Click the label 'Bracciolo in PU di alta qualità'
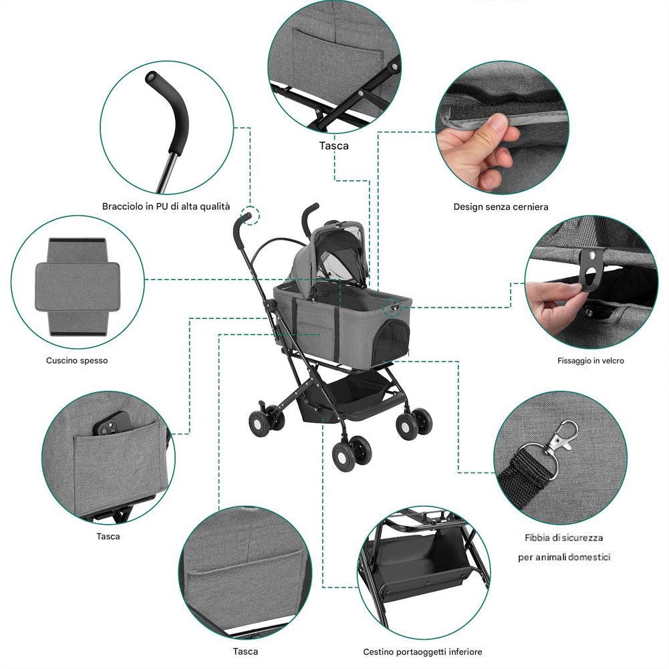[x=166, y=207]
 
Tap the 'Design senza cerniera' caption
[x=501, y=207]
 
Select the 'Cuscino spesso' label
[x=77, y=360]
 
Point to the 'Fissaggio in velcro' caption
[x=591, y=360]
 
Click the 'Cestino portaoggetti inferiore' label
[x=422, y=652]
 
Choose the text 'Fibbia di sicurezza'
[x=563, y=537]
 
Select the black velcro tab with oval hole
[x=592, y=269]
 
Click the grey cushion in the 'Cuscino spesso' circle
[x=78, y=286]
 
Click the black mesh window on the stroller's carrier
[x=391, y=342]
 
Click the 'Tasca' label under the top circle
[x=334, y=146]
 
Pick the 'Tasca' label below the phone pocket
[x=108, y=536]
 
